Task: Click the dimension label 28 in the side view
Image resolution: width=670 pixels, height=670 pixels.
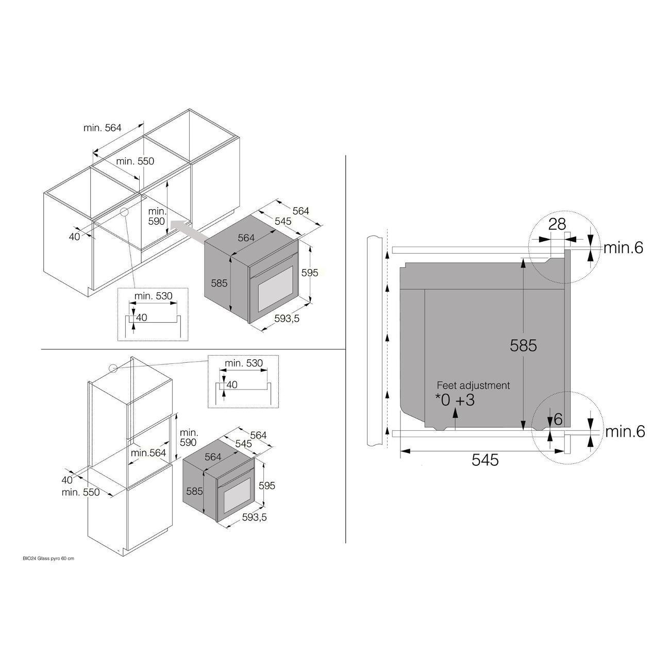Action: [557, 224]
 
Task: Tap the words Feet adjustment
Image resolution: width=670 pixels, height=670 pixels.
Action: [473, 385]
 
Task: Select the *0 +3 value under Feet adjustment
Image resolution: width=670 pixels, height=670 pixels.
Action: [455, 400]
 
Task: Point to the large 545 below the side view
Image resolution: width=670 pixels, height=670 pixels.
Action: [485, 460]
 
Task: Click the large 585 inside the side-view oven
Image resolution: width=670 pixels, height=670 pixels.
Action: [523, 345]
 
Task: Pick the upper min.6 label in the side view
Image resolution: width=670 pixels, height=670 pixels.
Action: [624, 247]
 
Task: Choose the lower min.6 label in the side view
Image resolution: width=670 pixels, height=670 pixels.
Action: [625, 431]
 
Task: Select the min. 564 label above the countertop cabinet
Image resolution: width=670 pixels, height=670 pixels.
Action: [102, 128]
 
